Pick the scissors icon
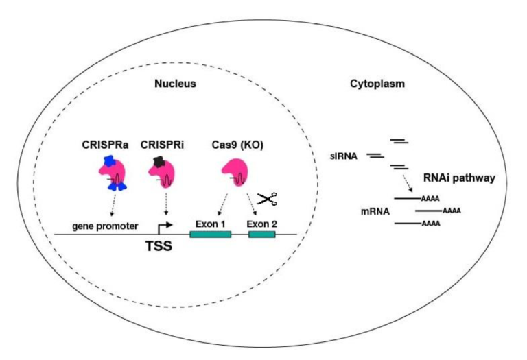(x=267, y=199)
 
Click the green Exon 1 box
(x=210, y=235)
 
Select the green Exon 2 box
(x=261, y=235)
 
